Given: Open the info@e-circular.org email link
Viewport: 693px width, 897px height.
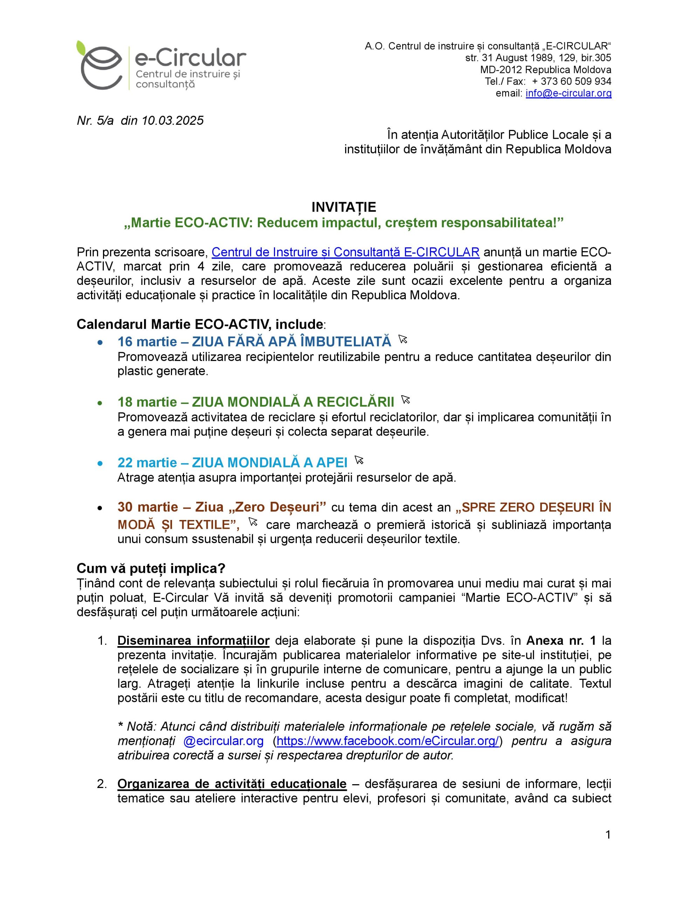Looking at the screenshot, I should pos(568,93).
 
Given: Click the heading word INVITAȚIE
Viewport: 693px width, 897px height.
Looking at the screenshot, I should pos(344,207).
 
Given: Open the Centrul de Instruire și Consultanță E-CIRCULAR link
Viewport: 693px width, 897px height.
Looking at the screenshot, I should pos(345,252).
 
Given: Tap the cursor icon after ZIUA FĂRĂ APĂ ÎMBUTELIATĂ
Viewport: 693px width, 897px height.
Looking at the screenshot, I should pos(403,339).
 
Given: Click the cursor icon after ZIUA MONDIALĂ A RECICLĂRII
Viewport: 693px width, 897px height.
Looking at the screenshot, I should pos(405,399).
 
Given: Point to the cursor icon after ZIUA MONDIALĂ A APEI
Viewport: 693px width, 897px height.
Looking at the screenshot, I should pos(359,460).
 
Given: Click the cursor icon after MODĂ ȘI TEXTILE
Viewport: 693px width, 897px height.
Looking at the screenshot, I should pos(253,522).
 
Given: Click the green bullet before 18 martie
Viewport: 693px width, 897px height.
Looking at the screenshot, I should pos(100,403).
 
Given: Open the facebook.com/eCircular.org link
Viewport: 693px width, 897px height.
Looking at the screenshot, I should pos(388,741).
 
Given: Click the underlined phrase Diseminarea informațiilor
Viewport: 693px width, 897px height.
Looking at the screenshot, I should pos(193,640).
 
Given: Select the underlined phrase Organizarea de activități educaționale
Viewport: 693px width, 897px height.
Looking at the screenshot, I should pos(232,783).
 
